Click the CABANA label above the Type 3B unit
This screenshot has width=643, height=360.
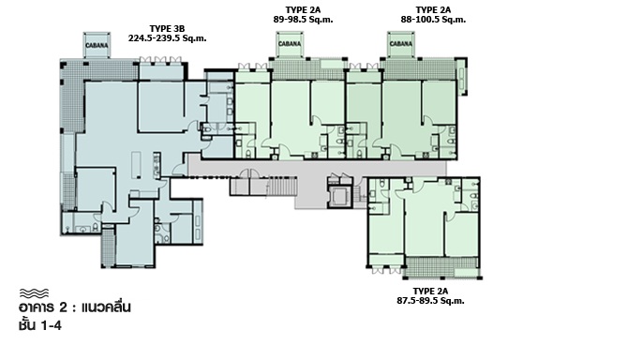[x=97, y=46]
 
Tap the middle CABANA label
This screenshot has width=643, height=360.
[x=290, y=44]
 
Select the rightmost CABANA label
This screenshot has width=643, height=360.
[x=400, y=44]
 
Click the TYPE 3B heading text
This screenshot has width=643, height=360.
[x=167, y=29]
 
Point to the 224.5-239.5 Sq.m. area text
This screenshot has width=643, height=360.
[x=167, y=38]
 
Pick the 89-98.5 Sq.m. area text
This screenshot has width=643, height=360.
[x=303, y=20]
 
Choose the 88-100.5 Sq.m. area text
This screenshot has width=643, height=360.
[x=433, y=20]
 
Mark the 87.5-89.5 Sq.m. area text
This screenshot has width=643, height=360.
[x=430, y=301]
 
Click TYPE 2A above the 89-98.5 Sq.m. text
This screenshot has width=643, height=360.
[x=303, y=9]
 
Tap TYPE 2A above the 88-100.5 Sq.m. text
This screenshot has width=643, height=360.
[x=433, y=9]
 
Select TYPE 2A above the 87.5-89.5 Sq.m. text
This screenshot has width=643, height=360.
[x=430, y=292]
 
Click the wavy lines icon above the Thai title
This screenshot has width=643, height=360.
[x=34, y=292]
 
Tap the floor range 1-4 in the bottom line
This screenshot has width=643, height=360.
[x=52, y=325]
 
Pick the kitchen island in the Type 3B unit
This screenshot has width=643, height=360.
[x=136, y=165]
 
